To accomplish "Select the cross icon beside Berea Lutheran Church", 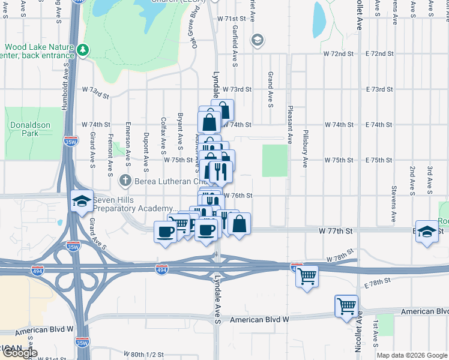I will pos(125,179).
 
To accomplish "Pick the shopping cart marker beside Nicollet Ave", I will pos(346,306).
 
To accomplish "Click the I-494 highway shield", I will pos(161,269).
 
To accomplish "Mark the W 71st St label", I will pos(232,19).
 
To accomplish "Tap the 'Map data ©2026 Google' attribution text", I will pos(412,355).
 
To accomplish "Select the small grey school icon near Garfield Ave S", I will pos(257,40).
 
